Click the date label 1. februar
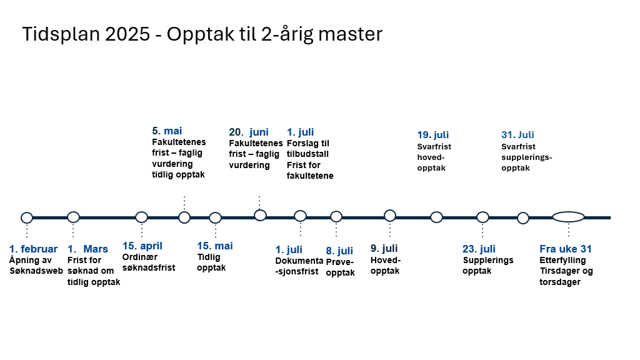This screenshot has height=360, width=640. coord(34,249)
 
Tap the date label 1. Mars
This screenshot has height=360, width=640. coord(87,249)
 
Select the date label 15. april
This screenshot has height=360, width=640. coord(142,246)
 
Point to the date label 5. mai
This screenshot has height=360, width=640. coord(167,131)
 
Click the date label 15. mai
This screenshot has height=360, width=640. coord(215,246)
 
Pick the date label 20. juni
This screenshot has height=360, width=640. coord(249,132)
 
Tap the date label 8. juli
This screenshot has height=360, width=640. coord(339,251)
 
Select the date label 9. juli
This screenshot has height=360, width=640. coord(384,249)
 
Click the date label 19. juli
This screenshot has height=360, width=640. coord(433,135)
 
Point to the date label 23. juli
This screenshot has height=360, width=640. coord(479,249)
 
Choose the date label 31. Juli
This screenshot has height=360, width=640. coord(517,135)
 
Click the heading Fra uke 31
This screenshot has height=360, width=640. coord(566,249)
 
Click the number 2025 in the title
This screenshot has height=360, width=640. coord(127,34)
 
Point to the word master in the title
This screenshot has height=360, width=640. coord(350,34)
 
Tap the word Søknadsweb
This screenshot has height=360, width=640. coord(36,271)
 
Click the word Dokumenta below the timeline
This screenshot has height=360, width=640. coord(299,261)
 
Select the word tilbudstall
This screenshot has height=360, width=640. coord(307,154)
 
